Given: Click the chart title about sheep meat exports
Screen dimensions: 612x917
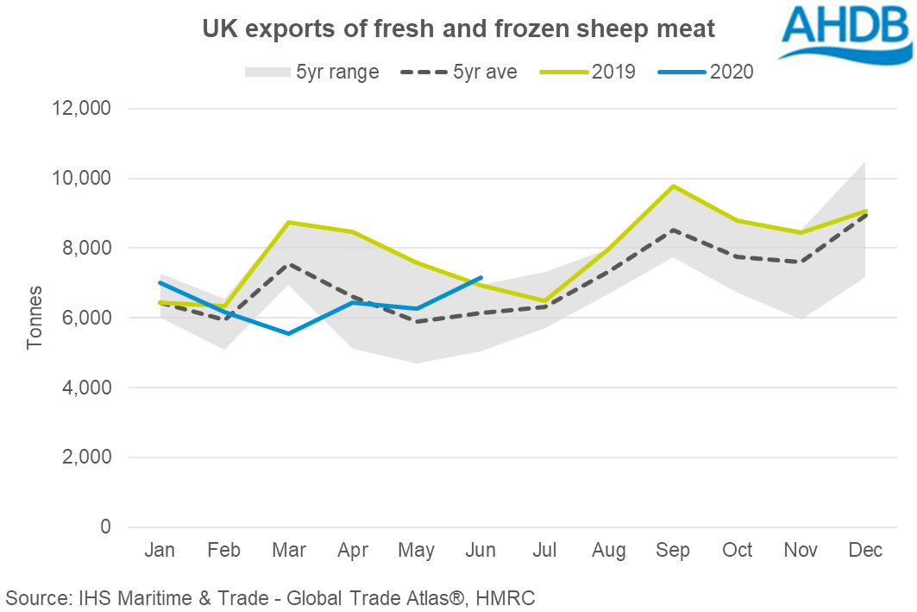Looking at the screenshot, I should click(458, 29).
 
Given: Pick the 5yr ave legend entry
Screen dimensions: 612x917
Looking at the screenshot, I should click(459, 72).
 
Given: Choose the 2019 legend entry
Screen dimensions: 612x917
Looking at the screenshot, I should click(587, 72).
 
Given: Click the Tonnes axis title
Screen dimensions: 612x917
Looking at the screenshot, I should click(34, 319).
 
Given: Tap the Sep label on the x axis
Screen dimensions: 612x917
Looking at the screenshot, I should click(673, 551).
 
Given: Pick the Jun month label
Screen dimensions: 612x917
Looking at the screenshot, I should click(481, 551).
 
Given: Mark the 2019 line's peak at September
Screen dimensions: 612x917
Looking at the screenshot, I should click(673, 186).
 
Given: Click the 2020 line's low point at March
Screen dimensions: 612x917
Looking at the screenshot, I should click(289, 333).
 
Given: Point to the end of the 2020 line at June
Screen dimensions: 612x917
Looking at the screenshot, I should click(481, 278).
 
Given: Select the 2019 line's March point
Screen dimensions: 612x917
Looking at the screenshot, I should click(289, 222).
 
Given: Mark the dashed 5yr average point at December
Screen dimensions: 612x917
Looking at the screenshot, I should click(865, 214).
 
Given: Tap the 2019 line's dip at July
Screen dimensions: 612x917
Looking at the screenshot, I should click(545, 301).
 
